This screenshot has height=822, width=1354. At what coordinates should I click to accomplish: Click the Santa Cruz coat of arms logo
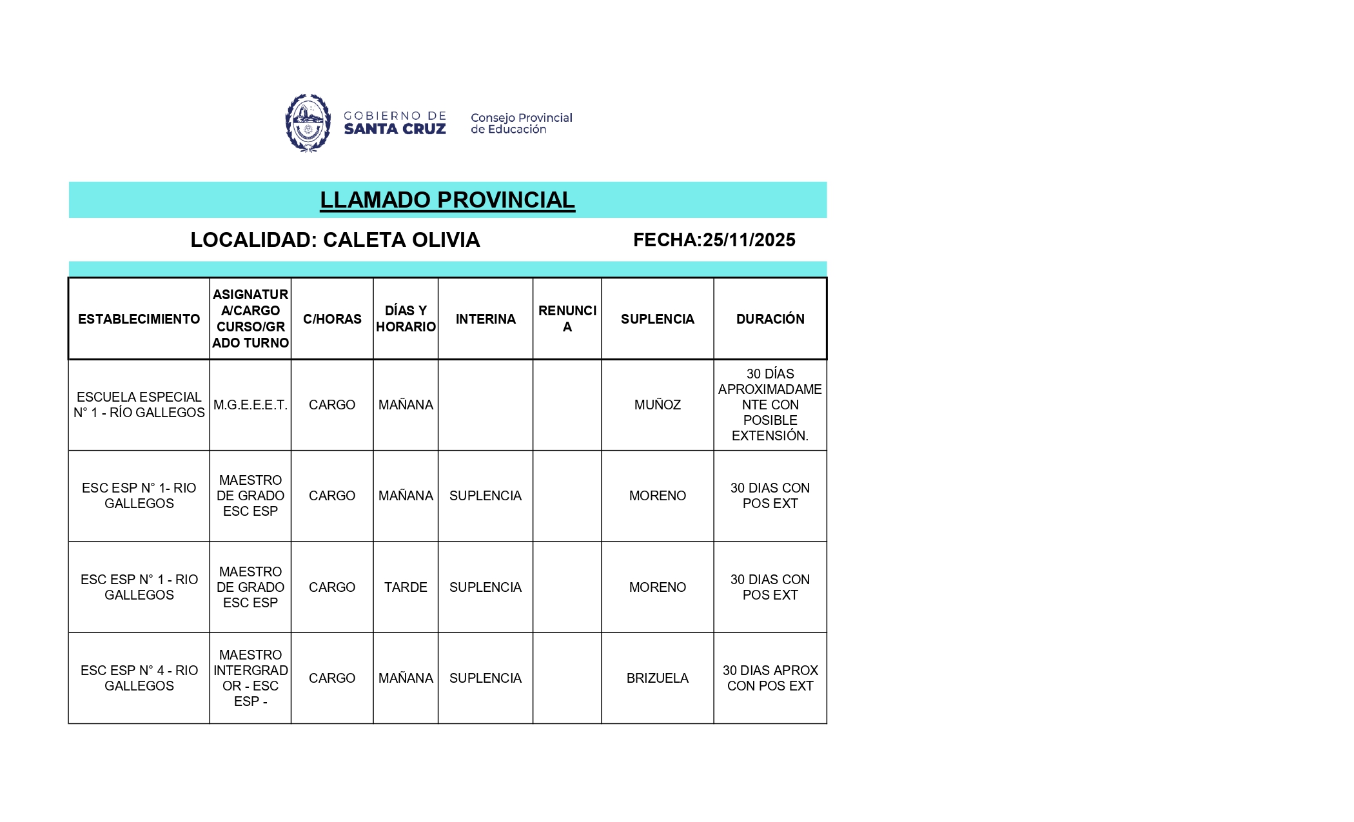click(x=308, y=122)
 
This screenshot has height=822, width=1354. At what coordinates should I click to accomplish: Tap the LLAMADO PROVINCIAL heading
click(x=447, y=200)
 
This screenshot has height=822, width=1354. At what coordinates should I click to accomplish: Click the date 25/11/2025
click(x=749, y=240)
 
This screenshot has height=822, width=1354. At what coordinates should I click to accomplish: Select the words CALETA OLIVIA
click(x=401, y=240)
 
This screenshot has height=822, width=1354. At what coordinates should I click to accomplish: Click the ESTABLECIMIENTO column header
click(x=139, y=319)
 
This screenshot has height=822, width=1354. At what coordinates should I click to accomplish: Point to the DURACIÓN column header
click(x=770, y=319)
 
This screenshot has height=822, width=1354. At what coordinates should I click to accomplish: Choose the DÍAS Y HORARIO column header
click(x=406, y=319)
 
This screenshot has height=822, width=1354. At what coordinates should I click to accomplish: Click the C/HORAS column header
click(x=332, y=319)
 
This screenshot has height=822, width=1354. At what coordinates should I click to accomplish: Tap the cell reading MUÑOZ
click(x=657, y=405)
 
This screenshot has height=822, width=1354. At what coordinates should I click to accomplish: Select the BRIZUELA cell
click(x=657, y=678)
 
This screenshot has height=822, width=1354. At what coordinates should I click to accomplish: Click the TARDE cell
click(x=406, y=587)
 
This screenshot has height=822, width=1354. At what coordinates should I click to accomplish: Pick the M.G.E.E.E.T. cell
click(x=250, y=405)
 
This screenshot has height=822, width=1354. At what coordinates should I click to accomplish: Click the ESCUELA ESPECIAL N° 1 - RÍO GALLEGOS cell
click(x=139, y=405)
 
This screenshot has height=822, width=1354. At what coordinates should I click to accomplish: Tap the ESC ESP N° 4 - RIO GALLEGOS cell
click(x=139, y=678)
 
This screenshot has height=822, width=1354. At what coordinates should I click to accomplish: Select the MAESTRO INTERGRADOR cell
click(x=250, y=678)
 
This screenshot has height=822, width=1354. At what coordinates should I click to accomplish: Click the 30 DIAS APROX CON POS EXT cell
click(x=770, y=678)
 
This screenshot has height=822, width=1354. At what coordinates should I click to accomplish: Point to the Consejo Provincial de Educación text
click(x=521, y=123)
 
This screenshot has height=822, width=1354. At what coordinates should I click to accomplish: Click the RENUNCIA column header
click(x=567, y=319)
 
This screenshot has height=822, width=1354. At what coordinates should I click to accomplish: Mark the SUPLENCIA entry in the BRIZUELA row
click(x=485, y=678)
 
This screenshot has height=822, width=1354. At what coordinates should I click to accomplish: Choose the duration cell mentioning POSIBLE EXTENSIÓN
click(x=770, y=405)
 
